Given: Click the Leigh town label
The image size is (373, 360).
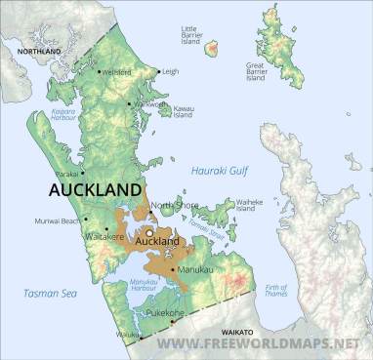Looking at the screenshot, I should pos(171,71).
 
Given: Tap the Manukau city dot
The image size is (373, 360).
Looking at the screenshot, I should pos(172,268).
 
